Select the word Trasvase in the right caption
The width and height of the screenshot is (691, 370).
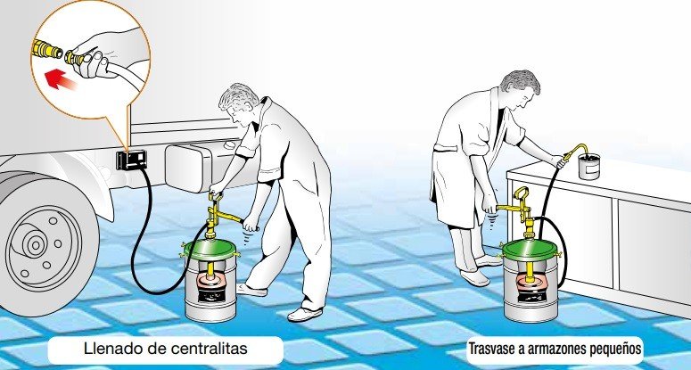point(490,349)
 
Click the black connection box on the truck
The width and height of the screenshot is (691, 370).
point(131,160)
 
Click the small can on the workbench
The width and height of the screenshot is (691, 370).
point(589,165)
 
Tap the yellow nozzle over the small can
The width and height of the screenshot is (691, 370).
point(575,150)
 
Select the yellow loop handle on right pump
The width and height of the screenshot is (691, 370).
point(522,195)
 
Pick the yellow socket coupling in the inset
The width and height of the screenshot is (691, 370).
point(46,49)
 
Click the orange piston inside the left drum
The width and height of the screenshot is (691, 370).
point(210,281)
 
